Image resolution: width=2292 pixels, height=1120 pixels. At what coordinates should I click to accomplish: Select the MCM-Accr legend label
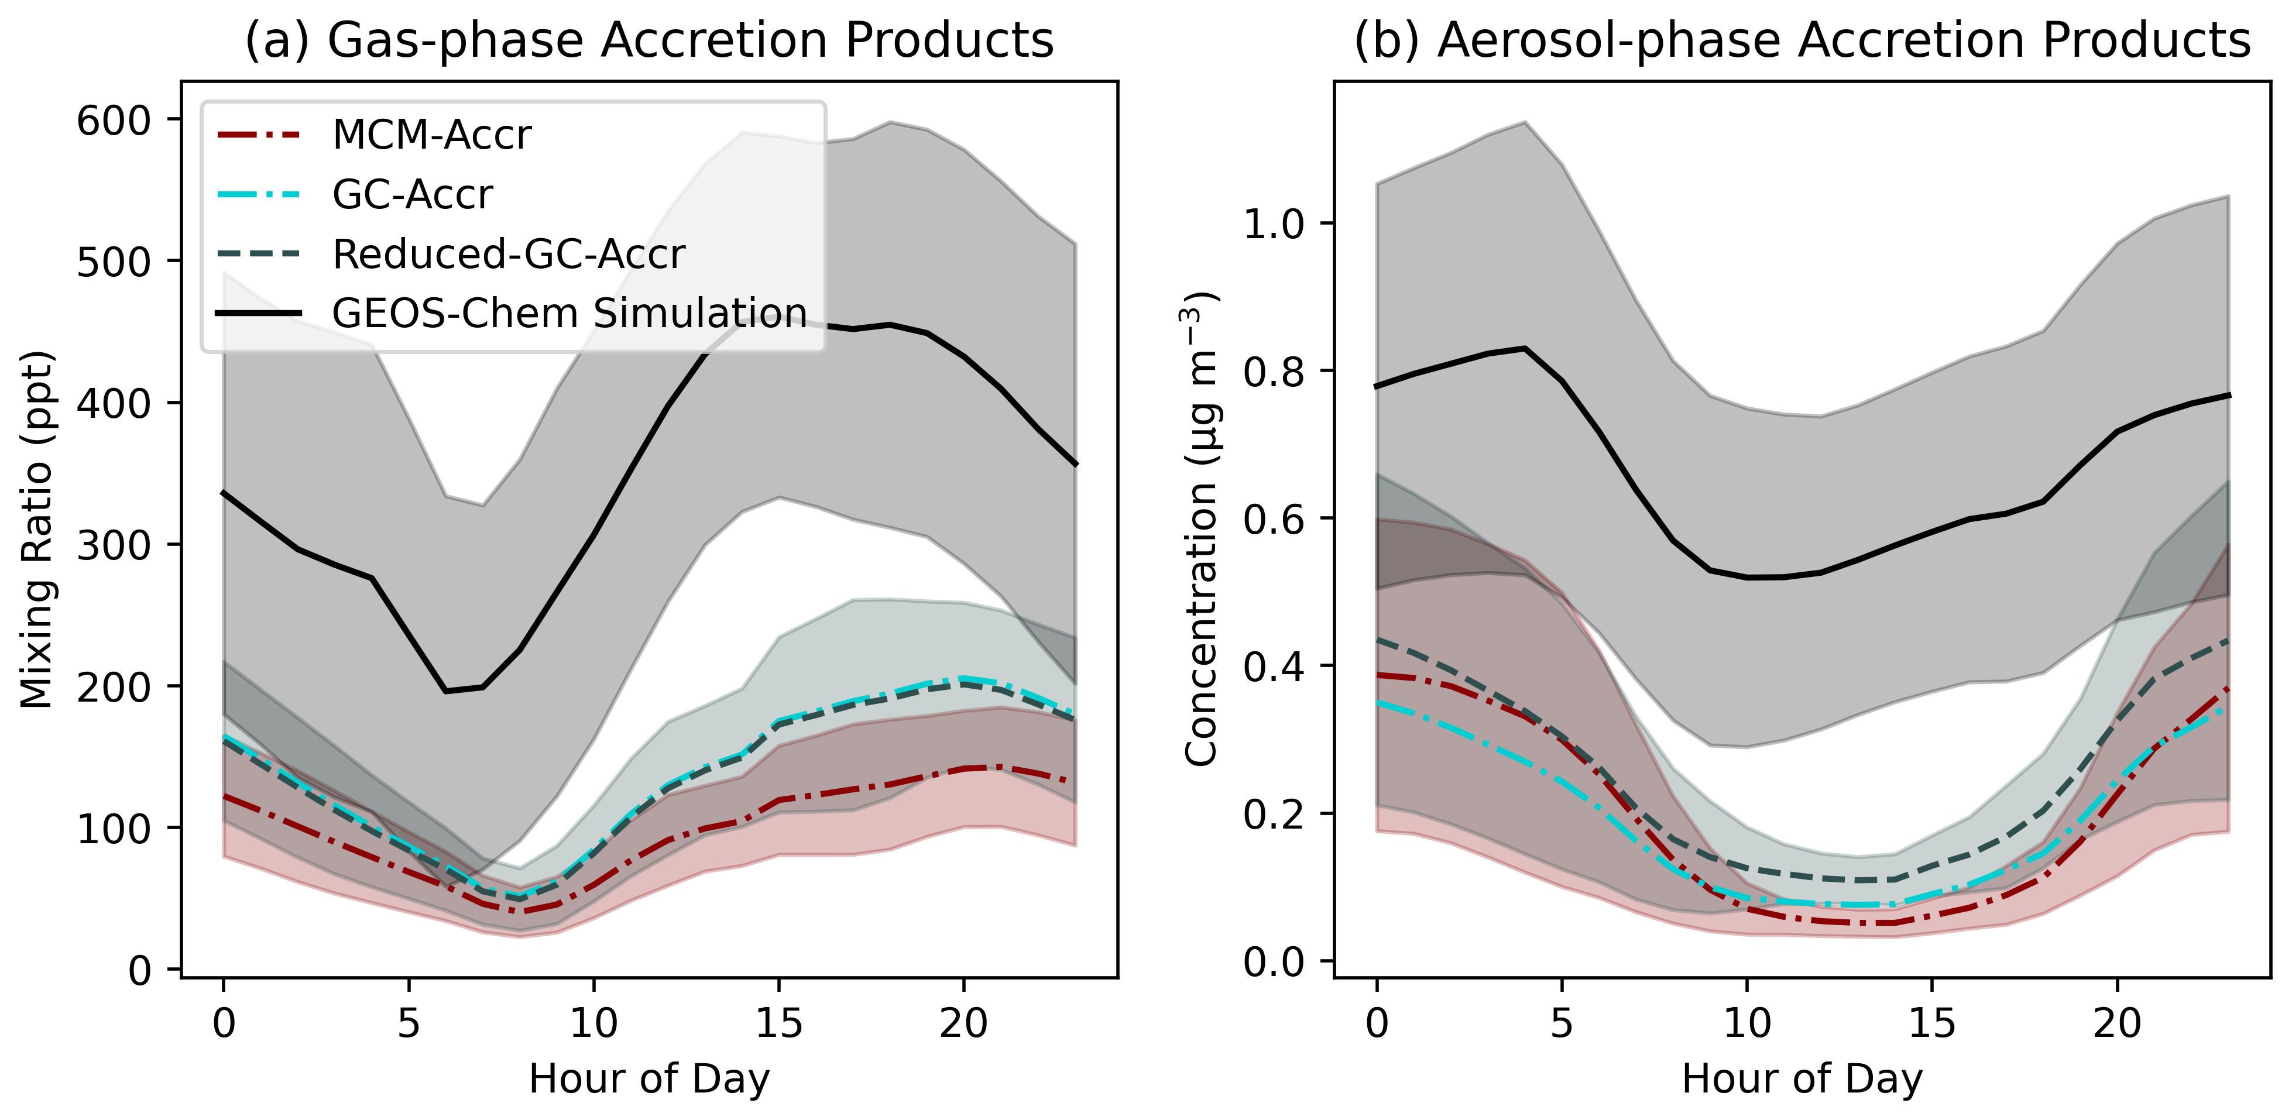(x=431, y=135)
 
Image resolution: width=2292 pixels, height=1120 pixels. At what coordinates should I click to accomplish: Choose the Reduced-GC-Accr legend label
(x=508, y=255)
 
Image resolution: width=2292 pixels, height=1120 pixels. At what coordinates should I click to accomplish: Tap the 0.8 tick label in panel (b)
(x=1273, y=372)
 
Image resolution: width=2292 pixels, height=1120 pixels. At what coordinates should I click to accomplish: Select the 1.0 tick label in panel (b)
(x=1273, y=224)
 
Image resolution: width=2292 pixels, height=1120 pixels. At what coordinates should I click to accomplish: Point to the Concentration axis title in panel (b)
(x=1201, y=530)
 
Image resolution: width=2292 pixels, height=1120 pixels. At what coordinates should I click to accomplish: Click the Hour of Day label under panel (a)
(x=649, y=1079)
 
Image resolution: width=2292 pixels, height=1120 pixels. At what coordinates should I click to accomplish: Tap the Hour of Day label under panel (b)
(x=1802, y=1079)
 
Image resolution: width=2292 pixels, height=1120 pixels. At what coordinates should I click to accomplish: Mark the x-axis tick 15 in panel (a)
(x=778, y=1024)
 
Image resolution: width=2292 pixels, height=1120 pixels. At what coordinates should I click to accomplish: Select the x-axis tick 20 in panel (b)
(x=2117, y=1024)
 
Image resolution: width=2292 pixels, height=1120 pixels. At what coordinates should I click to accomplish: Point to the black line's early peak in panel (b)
(x=1525, y=348)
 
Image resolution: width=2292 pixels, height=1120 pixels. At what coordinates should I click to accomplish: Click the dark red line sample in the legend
(x=259, y=135)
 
